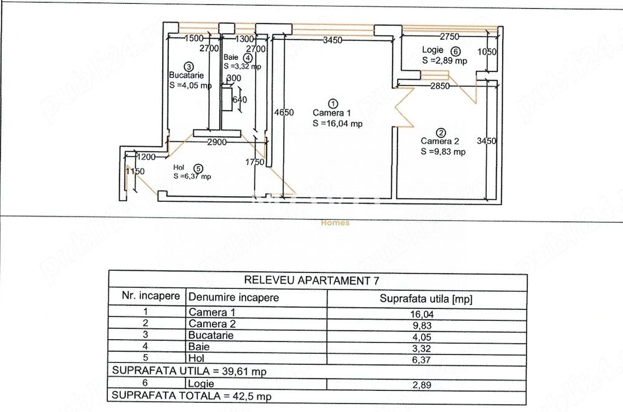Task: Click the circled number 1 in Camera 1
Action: pos(333,104)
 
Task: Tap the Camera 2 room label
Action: pos(440,141)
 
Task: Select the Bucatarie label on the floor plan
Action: pos(186,75)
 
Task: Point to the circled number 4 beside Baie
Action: pos(248,57)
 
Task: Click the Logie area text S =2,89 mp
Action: pos(445,61)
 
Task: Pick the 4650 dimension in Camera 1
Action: pos(284,112)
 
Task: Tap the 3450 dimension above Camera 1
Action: pos(333,40)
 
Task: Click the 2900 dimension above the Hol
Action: pos(217,142)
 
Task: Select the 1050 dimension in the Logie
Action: pos(487,52)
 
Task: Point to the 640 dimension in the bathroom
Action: pos(240,99)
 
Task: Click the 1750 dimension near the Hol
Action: pos(255,162)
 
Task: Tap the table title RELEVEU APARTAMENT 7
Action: pos(311,280)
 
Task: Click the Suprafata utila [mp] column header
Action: pos(426,299)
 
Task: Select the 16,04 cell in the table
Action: pos(422,314)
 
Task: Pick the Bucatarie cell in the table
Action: pos(211,335)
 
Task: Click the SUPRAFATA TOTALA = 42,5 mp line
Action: pos(191,396)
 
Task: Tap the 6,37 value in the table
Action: pos(422,360)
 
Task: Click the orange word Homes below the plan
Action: pos(335,223)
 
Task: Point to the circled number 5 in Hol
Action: pos(198,169)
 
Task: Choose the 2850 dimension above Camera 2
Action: pos(440,86)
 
